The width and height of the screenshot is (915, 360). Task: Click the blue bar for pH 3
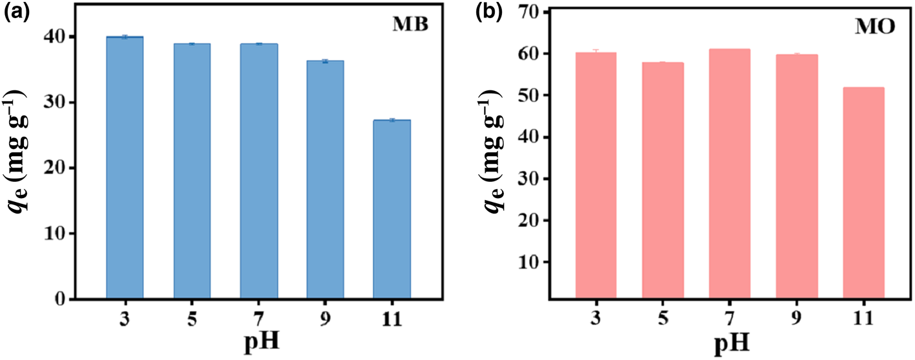pos(125,168)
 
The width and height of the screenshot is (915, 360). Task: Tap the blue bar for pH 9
pos(325,180)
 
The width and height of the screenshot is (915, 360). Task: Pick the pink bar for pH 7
pos(729,174)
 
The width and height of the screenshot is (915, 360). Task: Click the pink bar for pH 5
pos(663,181)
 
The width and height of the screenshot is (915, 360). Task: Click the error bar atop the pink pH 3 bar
pos(596,51)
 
